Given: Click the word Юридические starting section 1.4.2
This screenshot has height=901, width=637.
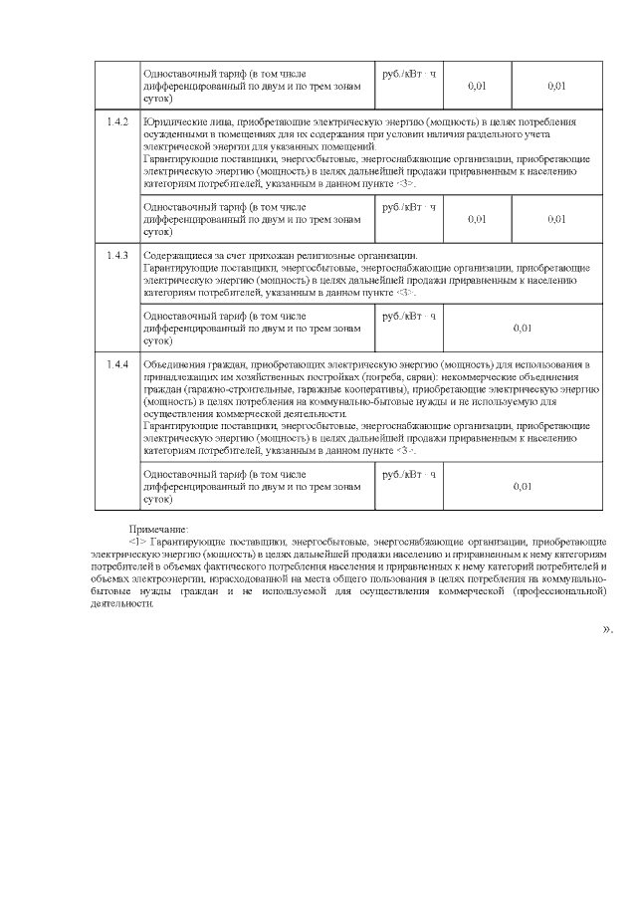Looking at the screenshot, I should (172, 121).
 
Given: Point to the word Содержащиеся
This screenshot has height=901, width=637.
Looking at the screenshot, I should (175, 256).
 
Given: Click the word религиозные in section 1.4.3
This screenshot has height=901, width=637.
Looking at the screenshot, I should (329, 256).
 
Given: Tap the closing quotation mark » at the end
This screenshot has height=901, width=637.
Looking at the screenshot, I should (606, 629).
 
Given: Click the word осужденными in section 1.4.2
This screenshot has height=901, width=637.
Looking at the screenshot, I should (174, 134).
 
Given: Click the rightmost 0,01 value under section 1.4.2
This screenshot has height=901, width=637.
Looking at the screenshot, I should (556, 219).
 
